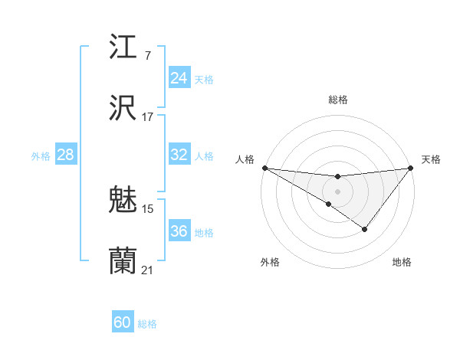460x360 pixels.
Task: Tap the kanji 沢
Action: pos(123,108)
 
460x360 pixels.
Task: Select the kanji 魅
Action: pos(123,201)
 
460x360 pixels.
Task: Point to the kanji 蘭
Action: pos(123,261)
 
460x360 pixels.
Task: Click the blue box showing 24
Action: pos(179,77)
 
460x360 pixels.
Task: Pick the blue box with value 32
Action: pos(179,155)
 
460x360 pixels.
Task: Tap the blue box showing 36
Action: pos(179,231)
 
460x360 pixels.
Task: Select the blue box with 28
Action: pos(65,155)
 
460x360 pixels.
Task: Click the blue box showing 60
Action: pos(123,322)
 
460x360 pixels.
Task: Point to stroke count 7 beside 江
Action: pos(147,56)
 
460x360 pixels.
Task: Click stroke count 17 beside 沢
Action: pos(148,117)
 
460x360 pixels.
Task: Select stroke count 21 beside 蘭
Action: pos(148,270)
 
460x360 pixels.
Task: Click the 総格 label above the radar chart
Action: pos(337,100)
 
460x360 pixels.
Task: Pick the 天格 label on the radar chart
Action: pos(431,159)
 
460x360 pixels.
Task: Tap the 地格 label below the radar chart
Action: pos(402,263)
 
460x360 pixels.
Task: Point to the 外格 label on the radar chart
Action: pos(270,263)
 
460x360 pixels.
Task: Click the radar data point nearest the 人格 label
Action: pos(264,168)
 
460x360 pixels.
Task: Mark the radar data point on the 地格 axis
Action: pos(365,229)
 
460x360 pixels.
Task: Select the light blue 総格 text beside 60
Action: pos(147,324)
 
